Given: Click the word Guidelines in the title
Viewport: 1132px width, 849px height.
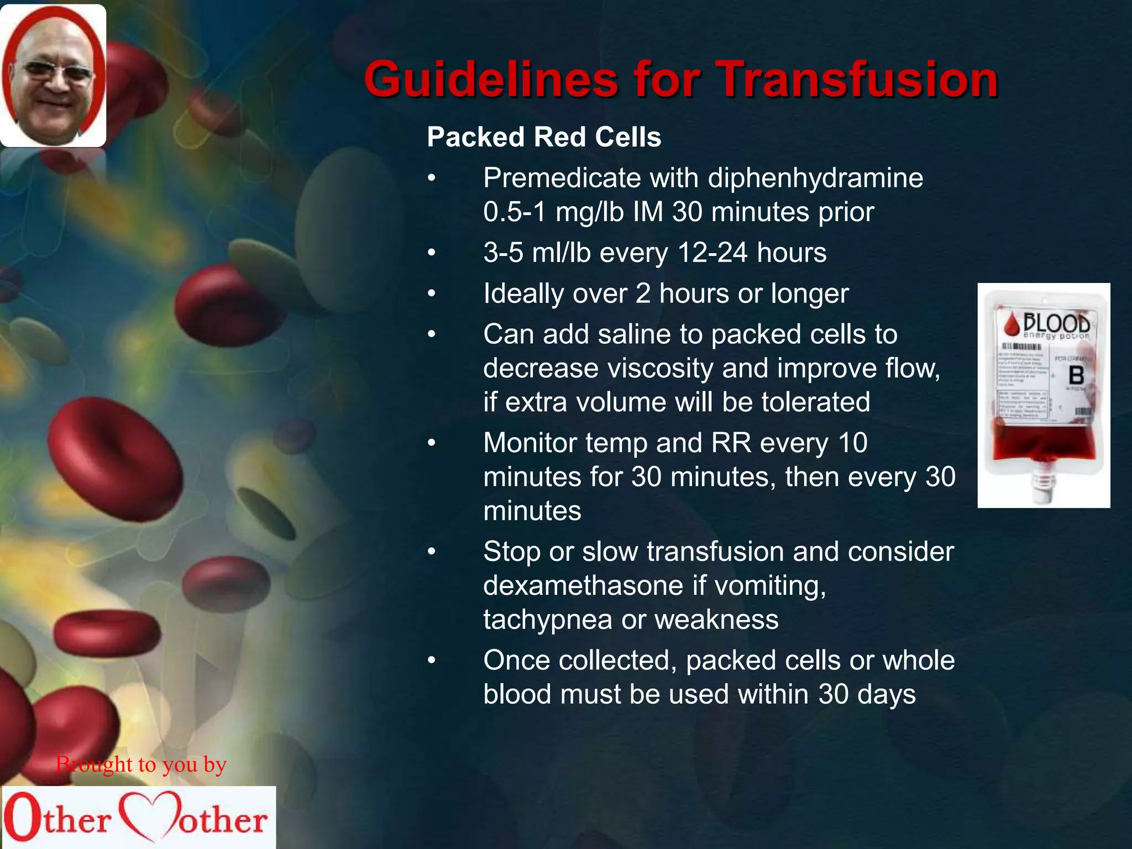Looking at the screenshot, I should (490, 80).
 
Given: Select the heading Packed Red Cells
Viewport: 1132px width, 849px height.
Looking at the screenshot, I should (543, 137).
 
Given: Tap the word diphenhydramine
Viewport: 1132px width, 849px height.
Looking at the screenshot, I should (815, 178).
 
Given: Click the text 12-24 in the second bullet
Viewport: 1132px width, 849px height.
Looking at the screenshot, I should (712, 253).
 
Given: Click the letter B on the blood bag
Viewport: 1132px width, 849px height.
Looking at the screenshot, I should (1076, 376).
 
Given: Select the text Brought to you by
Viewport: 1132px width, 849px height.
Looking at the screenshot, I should (141, 764).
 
